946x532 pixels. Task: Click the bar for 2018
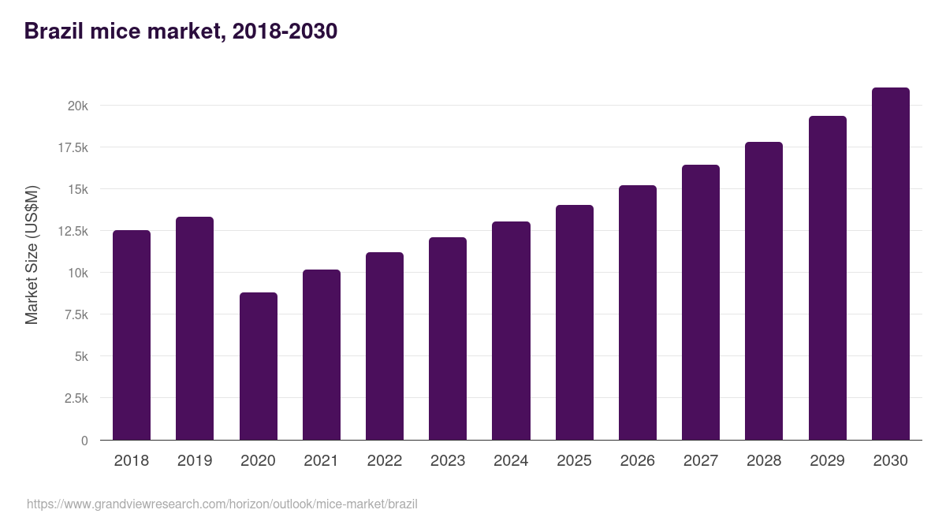point(132,335)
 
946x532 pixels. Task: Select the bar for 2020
point(259,366)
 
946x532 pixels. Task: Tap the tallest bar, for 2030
point(890,264)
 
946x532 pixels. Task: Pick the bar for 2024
point(511,331)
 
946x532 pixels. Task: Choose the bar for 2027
point(701,303)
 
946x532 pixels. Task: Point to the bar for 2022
point(385,346)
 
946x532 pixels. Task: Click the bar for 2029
point(827,278)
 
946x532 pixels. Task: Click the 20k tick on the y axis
point(77,106)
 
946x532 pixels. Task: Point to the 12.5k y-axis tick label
point(72,231)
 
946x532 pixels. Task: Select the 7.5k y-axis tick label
point(75,314)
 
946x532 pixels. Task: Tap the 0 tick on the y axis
point(84,441)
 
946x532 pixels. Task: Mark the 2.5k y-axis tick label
point(75,398)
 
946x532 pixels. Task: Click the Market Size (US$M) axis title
point(32,255)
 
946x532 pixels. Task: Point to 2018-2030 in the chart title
point(285,32)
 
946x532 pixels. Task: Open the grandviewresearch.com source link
point(222,504)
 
